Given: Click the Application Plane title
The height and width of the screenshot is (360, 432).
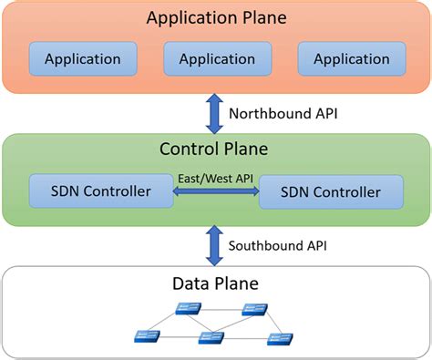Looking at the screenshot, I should point(215,17).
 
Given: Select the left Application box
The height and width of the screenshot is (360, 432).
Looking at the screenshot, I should point(82,59).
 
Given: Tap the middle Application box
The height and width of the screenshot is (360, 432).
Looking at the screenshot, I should point(216,59).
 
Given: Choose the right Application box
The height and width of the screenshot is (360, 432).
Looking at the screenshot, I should point(351,59).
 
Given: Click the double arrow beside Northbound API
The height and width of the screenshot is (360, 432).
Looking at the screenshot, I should point(215,114).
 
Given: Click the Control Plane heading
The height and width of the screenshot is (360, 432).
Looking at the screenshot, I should point(215,149).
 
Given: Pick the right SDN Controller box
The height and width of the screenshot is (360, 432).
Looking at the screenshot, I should point(332,192).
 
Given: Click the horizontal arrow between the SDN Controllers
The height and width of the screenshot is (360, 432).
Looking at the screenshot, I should point(217,192).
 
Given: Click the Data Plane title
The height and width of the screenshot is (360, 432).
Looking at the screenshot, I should point(215,283).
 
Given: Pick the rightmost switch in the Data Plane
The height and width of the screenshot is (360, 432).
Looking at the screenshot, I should point(279,339).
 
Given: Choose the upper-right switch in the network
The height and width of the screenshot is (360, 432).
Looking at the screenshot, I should point(254,310).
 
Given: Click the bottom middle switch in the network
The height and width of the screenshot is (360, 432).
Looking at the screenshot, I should point(211,338).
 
